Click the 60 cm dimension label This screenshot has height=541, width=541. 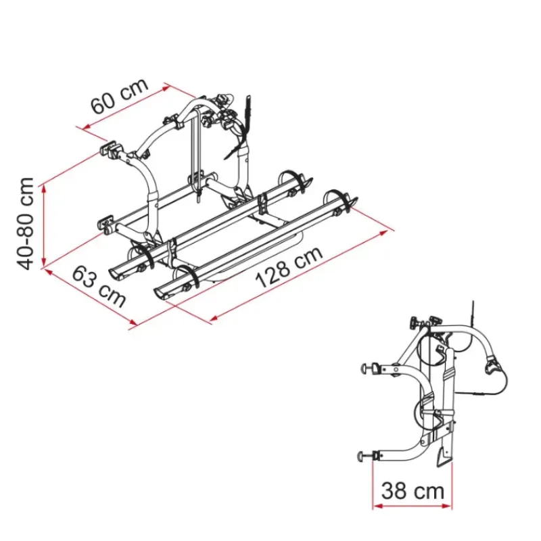coord(120,95)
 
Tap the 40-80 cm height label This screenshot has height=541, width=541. coord(25,224)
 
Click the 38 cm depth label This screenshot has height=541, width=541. coord(413,490)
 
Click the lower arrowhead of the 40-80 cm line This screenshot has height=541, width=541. coord(44,263)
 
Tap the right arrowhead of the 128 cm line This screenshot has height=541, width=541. coord(383,233)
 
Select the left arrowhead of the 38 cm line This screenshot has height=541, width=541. coord(377,506)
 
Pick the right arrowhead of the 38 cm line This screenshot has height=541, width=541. coord(447,506)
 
